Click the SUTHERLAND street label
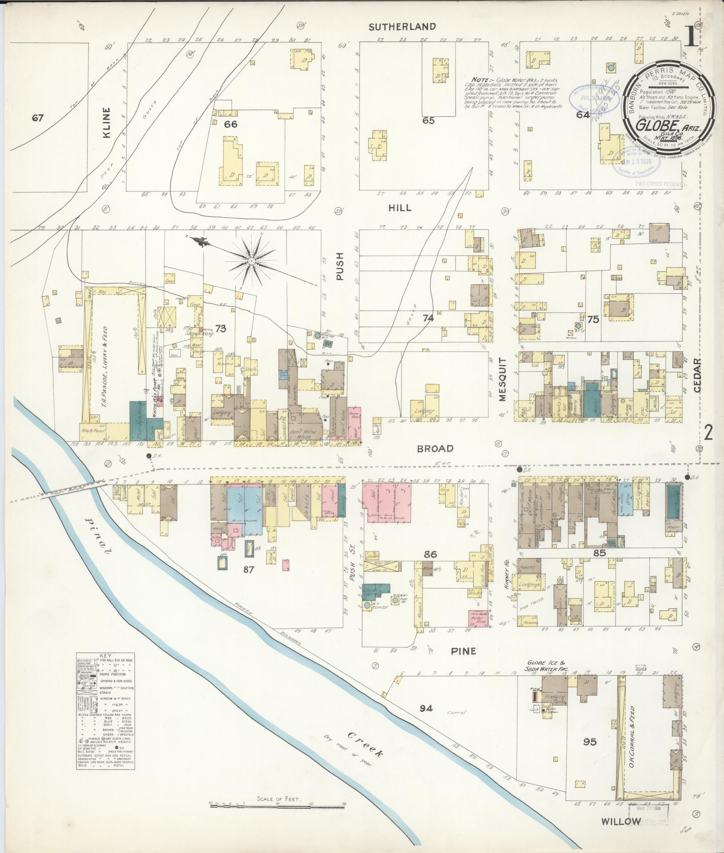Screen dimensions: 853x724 (x=409, y=27)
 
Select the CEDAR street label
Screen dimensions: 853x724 (x=696, y=376)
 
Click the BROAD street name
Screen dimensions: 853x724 (x=435, y=449)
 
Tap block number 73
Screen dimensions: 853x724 (x=221, y=329)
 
